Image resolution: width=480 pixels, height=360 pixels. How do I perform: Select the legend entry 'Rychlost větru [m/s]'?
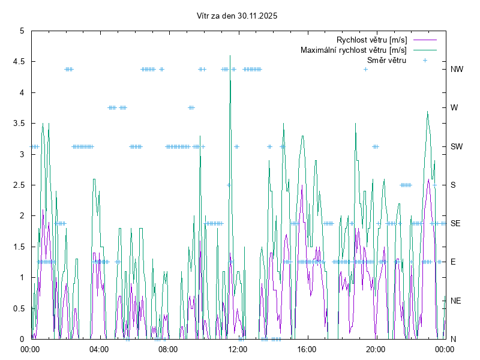coord(372,40)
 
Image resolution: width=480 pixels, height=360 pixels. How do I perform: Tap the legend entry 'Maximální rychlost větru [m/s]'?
coord(354,50)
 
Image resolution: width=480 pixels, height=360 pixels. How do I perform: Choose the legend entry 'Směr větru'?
coord(386,60)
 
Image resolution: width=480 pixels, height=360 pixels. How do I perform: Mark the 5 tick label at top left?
coord(22,31)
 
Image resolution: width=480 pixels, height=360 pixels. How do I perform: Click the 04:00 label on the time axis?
coord(99,349)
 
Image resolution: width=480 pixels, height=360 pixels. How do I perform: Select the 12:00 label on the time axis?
coord(237,349)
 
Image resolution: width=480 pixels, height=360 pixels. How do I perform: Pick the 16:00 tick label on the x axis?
coord(306,349)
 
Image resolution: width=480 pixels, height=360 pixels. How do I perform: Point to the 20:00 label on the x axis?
coord(375,349)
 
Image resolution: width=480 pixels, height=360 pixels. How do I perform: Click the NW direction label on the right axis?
coord(457,69)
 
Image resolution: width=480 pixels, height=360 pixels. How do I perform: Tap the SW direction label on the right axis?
coord(457,146)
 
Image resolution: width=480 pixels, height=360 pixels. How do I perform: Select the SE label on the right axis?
coord(456,223)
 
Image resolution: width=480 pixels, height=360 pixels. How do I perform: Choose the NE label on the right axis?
coord(456,301)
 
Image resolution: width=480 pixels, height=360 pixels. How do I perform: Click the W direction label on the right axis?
coord(454,108)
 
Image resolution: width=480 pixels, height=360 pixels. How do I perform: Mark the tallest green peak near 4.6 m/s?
coord(230,56)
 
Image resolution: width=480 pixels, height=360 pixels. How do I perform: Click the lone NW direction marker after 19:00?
coord(365,69)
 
